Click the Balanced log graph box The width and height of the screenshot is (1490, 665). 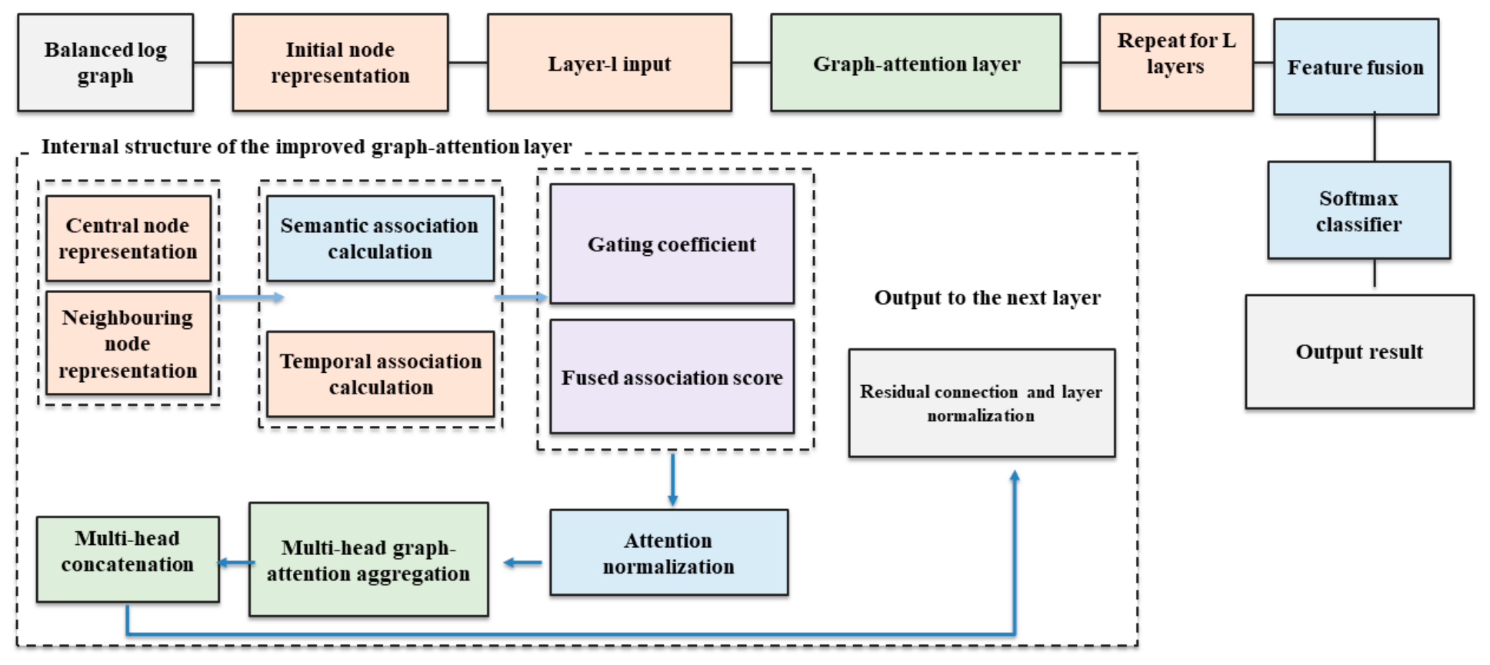[x=105, y=62]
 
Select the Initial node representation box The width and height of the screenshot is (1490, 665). [x=340, y=62]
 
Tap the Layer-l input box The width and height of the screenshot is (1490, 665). [x=609, y=62]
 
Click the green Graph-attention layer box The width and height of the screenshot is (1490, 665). [x=915, y=62]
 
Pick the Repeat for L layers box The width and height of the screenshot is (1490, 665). [x=1176, y=62]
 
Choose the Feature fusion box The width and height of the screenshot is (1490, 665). [x=1356, y=67]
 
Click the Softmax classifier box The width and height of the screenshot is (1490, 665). [x=1359, y=210]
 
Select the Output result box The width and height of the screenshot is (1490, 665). [x=1360, y=351]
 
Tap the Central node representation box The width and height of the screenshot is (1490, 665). [x=128, y=238]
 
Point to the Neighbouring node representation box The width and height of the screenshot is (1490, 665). [x=128, y=343]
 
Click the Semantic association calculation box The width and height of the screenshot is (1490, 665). [x=380, y=238]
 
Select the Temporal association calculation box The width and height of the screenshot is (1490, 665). [x=380, y=374]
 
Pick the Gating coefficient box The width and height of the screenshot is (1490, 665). [x=672, y=244]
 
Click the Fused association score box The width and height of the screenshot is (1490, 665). [x=672, y=377]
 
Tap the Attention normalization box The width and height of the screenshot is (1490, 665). [x=669, y=552]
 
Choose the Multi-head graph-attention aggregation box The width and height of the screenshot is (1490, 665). [x=368, y=560]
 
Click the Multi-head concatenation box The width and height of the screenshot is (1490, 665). [x=128, y=559]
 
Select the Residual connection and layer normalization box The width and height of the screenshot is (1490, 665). [x=982, y=403]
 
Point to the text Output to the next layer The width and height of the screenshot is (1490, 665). [x=988, y=298]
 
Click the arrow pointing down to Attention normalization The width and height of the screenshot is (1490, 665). [x=673, y=480]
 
